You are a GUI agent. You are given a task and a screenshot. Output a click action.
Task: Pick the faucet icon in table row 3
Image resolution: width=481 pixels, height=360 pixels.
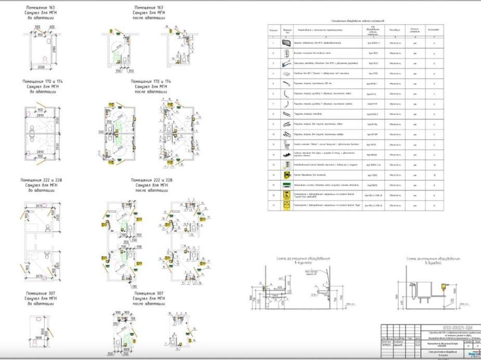pyautogui.click(x=285, y=63)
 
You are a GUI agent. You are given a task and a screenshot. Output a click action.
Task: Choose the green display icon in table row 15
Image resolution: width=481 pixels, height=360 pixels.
pyautogui.click(x=285, y=184)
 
